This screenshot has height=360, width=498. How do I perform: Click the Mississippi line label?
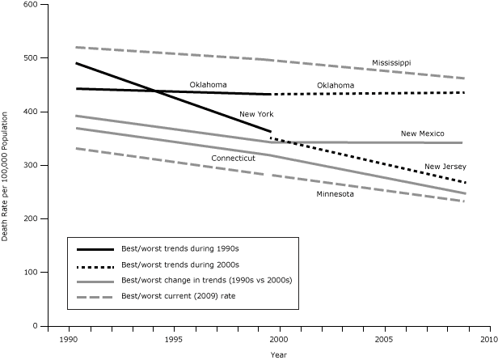[x=392, y=62]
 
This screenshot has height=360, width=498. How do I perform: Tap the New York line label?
[x=255, y=115]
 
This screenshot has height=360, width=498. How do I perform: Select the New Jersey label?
[x=445, y=167]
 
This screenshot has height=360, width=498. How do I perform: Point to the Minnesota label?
[x=335, y=194]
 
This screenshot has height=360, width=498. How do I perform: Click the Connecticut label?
[x=233, y=159]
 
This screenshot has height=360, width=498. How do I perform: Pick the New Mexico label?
[x=422, y=133]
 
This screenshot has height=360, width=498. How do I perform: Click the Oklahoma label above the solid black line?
[x=208, y=85]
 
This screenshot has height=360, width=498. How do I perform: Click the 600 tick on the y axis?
[x=31, y=5]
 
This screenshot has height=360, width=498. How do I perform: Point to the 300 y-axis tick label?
[x=31, y=166]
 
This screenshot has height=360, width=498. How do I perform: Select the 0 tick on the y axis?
[x=36, y=326]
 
